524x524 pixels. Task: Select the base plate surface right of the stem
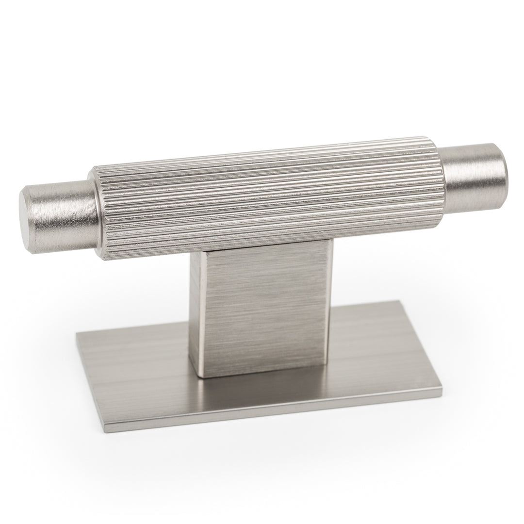click(369, 340)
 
